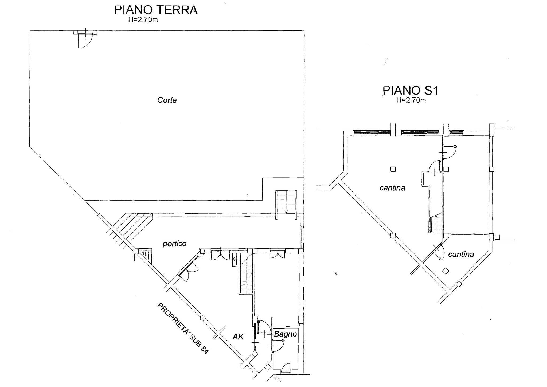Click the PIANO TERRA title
click(156, 10)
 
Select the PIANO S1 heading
click(410, 91)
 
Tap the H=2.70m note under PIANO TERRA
click(143, 20)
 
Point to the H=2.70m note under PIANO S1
click(411, 100)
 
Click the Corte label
click(167, 100)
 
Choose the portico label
click(174, 244)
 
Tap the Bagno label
click(285, 334)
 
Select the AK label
click(238, 337)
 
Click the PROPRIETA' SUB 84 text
click(182, 328)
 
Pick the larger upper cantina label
click(392, 188)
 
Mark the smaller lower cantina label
click(461, 254)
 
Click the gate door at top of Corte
click(85, 38)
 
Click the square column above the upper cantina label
click(393, 169)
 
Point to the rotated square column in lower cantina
click(446, 271)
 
